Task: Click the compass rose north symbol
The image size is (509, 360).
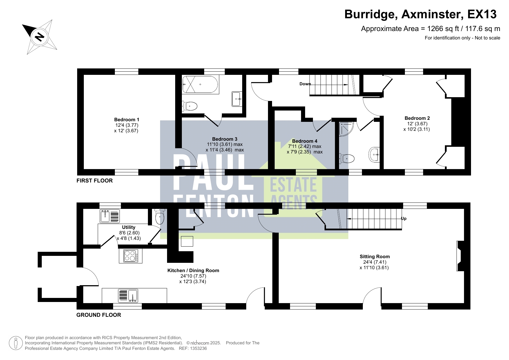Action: click(39, 37)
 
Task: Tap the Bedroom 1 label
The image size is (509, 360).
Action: click(126, 120)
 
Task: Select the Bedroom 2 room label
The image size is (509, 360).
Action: click(417, 118)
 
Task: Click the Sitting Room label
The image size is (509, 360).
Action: click(374, 256)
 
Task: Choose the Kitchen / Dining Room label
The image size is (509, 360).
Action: click(193, 270)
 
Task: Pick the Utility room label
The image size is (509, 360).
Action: click(128, 227)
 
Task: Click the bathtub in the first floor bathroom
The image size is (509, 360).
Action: click(200, 84)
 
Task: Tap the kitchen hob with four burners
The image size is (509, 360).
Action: click(131, 256)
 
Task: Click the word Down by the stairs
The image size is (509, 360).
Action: click(305, 84)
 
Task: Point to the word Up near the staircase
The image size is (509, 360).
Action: click(403, 219)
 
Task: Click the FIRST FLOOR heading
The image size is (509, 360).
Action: click(95, 181)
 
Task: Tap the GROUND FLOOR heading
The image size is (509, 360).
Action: click(99, 315)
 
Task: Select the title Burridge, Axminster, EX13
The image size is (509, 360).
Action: click(420, 14)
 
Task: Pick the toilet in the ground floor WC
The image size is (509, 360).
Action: click(160, 217)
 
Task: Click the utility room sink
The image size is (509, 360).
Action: click(105, 216)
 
